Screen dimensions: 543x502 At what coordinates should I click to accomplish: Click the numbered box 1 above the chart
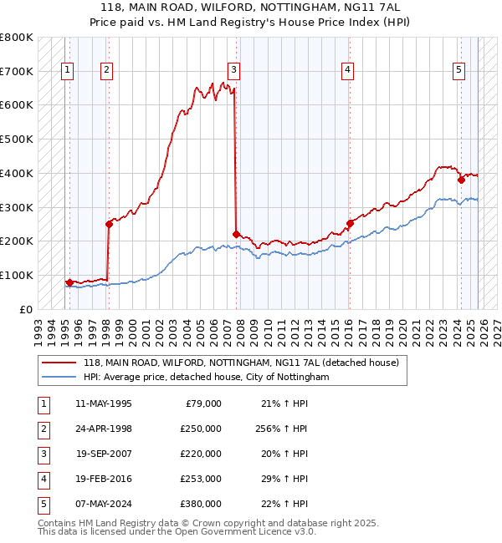pyautogui.click(x=67, y=70)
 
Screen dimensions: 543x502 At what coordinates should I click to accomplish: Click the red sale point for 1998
pyautogui.click(x=109, y=223)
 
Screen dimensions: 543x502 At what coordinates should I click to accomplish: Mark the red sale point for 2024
pyautogui.click(x=461, y=179)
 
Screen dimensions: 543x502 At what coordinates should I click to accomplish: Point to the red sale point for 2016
pyautogui.click(x=350, y=223)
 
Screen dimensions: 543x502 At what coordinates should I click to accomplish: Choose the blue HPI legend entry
pyautogui.click(x=206, y=378)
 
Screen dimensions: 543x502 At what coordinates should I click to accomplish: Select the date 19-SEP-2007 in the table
pyautogui.click(x=103, y=454)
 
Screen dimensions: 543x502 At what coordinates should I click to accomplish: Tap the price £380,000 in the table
pyautogui.click(x=200, y=504)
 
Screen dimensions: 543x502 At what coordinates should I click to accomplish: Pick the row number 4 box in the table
pyautogui.click(x=41, y=479)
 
